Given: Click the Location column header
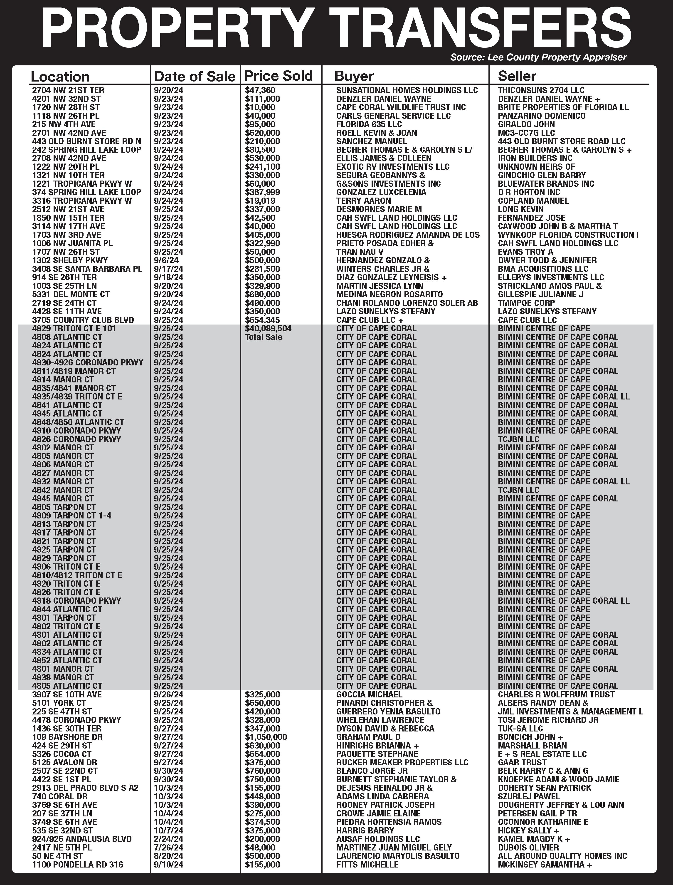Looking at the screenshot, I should (60, 77).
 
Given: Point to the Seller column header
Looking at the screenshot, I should (517, 76).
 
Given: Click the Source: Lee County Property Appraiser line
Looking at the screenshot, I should (538, 57).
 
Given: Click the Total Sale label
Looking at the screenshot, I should (263, 337).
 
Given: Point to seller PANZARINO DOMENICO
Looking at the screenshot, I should (542, 116).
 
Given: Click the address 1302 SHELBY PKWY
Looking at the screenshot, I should (70, 260).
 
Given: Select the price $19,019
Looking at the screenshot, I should (260, 201).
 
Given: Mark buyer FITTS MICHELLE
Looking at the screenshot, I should (367, 865).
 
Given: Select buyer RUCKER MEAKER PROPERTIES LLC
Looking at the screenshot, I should (402, 762).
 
